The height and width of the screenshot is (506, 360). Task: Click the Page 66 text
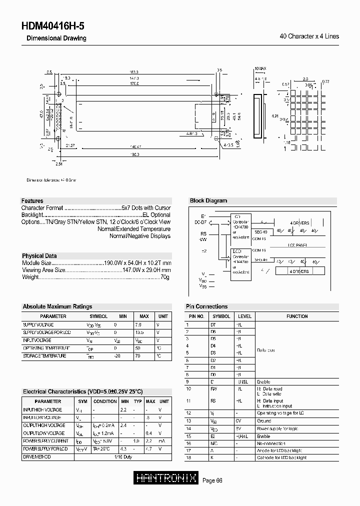212,480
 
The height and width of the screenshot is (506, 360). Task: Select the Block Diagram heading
208,200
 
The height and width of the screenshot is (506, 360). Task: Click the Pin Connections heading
206,306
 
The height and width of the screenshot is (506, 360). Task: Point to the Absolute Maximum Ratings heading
57,306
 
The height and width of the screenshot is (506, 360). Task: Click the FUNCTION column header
297,316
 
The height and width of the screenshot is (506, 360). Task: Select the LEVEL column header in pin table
244,316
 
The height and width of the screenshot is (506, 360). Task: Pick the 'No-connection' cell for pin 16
271,443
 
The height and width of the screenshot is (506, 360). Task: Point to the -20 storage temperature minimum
116,355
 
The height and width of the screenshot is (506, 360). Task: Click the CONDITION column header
105,401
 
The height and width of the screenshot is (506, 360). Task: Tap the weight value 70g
165,276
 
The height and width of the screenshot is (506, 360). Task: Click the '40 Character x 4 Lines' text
309,36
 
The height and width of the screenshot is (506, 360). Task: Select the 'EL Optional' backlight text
157,214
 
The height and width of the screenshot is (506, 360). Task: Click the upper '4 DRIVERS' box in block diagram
299,223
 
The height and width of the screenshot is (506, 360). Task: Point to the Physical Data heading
39,255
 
